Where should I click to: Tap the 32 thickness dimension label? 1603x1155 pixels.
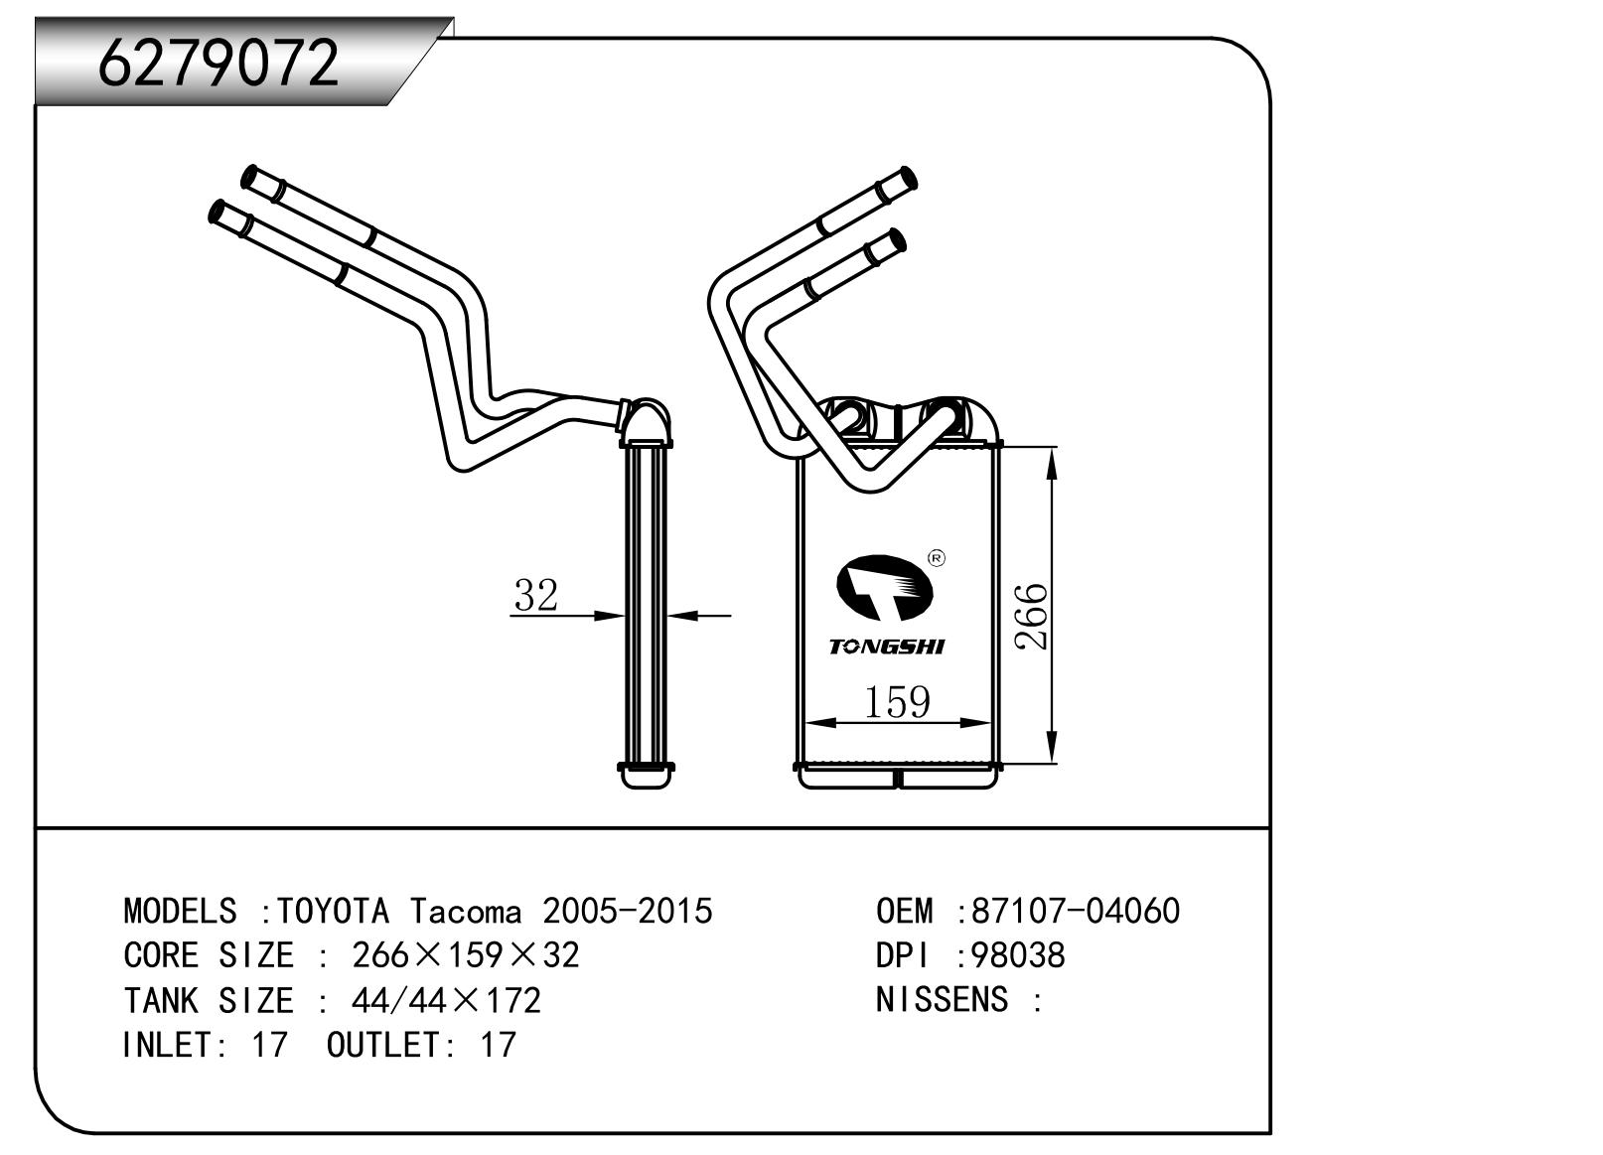click(536, 595)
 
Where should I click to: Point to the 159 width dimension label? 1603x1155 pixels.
click(897, 702)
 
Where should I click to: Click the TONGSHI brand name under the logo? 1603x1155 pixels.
click(887, 648)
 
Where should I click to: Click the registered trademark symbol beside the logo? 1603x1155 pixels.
click(936, 558)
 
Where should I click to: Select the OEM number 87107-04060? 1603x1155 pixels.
click(1076, 911)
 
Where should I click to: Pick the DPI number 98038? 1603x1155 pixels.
click(1018, 955)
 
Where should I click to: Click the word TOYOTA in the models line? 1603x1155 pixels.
click(333, 911)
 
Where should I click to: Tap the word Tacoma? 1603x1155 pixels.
click(466, 911)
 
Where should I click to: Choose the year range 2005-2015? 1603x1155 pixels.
click(627, 911)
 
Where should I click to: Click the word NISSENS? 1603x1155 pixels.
click(942, 1000)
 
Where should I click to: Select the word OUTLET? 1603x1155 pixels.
click(382, 1045)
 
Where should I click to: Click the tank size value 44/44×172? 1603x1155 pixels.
click(446, 1000)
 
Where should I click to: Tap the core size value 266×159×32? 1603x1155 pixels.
click(465, 955)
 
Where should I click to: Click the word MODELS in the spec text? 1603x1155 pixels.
click(180, 911)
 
